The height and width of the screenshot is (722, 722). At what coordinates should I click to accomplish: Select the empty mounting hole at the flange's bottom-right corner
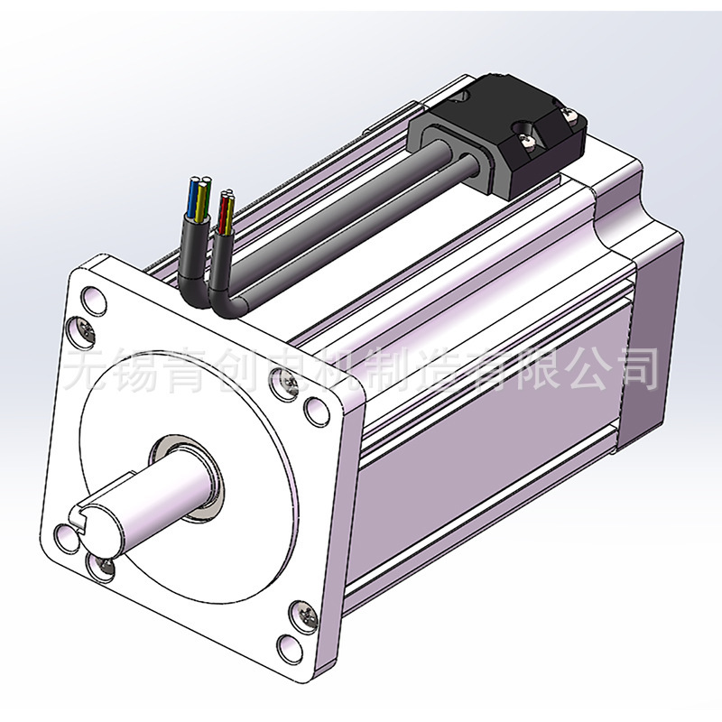(290, 648)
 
